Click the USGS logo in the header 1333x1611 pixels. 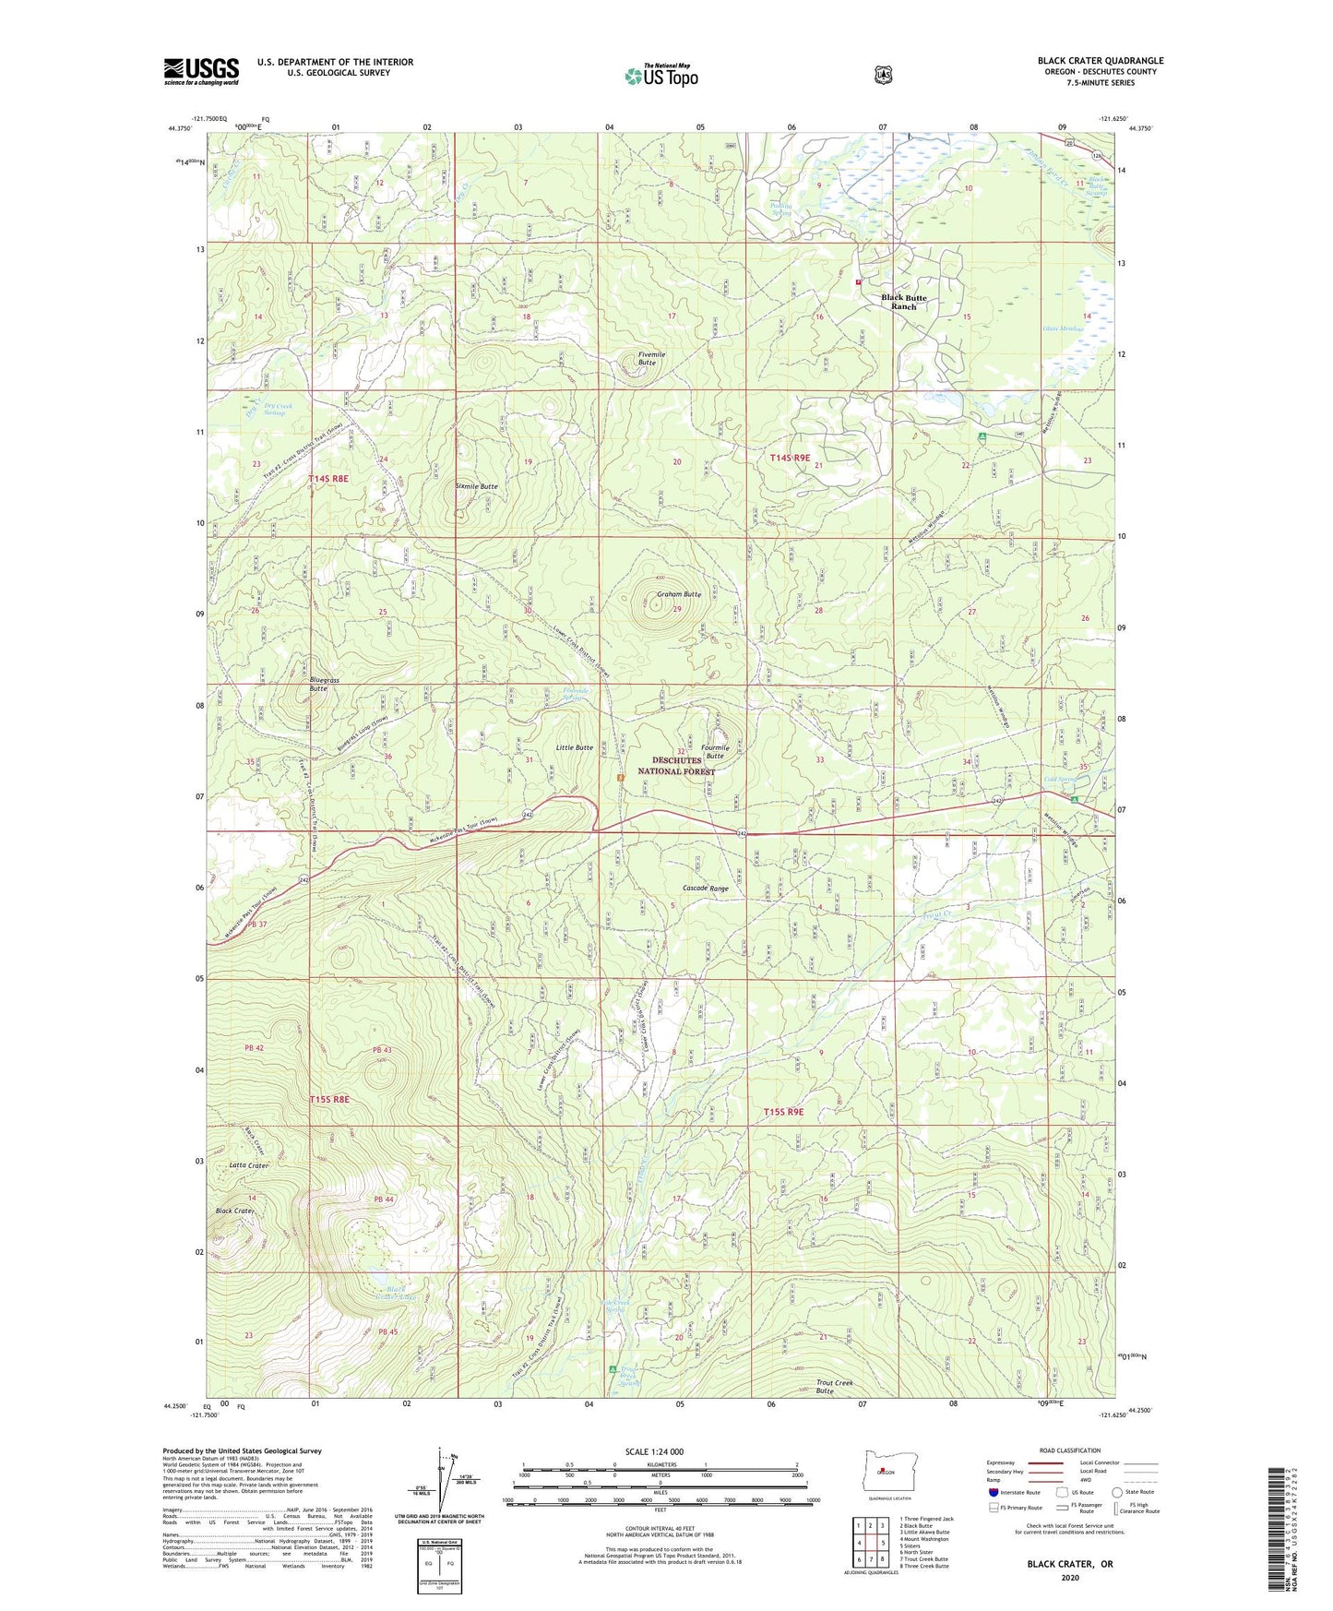[x=201, y=71]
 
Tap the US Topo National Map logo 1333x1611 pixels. [x=661, y=76]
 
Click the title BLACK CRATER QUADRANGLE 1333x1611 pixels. [x=1100, y=61]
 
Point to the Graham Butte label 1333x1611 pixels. [x=678, y=594]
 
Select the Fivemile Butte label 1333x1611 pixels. [x=647, y=358]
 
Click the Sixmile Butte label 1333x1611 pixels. [x=476, y=486]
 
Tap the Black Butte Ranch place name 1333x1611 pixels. [x=903, y=302]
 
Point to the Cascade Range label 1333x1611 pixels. [x=705, y=888]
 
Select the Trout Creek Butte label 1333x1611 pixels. [x=834, y=1387]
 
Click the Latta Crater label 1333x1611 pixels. [x=248, y=1165]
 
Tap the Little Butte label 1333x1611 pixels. [x=574, y=747]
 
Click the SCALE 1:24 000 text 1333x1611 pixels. [x=654, y=1451]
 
